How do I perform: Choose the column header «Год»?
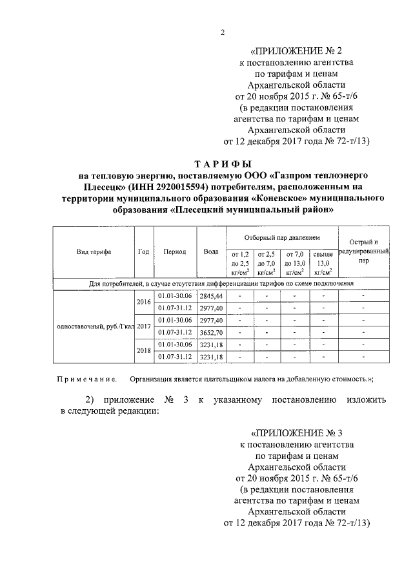144,251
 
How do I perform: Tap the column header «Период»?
175,251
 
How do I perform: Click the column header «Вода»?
210,251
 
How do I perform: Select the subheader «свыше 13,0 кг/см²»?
323,263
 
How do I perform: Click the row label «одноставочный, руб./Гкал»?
94,326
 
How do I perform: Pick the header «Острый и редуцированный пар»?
364,251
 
